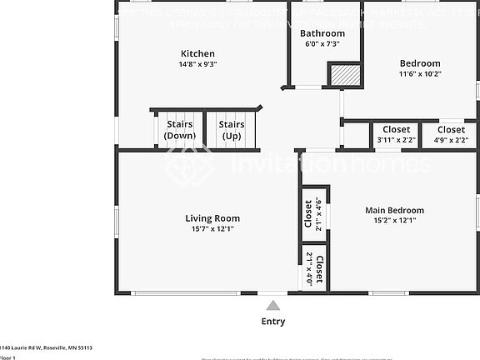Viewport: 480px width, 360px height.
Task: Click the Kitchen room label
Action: tap(198, 53)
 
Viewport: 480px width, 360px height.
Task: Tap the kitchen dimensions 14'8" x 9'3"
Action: tap(198, 64)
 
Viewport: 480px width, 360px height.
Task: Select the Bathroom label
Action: tap(322, 33)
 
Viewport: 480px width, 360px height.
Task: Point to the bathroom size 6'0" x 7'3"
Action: tap(322, 43)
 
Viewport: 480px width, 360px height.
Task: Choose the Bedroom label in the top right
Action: tap(420, 63)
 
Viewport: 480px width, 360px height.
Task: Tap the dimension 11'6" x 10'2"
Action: tap(420, 73)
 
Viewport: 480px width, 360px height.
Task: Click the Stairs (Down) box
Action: tap(179, 130)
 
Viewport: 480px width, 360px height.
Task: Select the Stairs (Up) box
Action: tap(231, 130)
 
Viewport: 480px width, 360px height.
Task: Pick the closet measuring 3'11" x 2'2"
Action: tap(396, 134)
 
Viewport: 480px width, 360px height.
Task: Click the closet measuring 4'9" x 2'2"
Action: tap(451, 134)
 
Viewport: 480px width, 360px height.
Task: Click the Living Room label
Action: tap(212, 219)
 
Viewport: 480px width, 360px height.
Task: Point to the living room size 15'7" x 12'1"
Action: tap(212, 229)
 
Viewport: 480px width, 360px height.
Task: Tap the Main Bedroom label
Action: tap(395, 210)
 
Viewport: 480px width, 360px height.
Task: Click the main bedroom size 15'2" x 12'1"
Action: tap(395, 221)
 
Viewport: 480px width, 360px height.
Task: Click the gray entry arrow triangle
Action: tap(273, 306)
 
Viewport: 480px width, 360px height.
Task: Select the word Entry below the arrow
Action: tap(273, 322)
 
